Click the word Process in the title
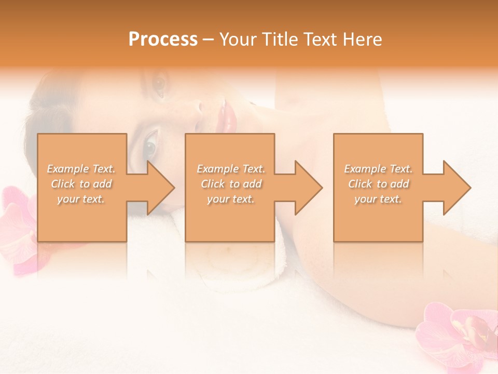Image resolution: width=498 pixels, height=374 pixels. coord(163,39)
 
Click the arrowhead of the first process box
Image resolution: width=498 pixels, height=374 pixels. coord(160,188)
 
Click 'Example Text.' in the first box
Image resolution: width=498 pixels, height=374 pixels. coord(81,169)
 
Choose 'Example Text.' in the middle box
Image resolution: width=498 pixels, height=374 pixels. coord(230,169)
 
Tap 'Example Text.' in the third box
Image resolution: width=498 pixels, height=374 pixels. coord(378,169)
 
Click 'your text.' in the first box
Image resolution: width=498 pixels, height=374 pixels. coord(81,199)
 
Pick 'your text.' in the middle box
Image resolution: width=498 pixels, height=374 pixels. coord(230,199)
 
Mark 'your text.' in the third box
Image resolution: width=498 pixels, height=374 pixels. coord(378,199)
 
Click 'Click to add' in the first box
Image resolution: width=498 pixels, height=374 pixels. coord(81,184)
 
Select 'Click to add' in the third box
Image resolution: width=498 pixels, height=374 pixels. coord(378,184)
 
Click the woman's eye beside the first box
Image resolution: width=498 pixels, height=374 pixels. coord(149,145)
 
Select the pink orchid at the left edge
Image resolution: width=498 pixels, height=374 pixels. coord(18,229)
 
